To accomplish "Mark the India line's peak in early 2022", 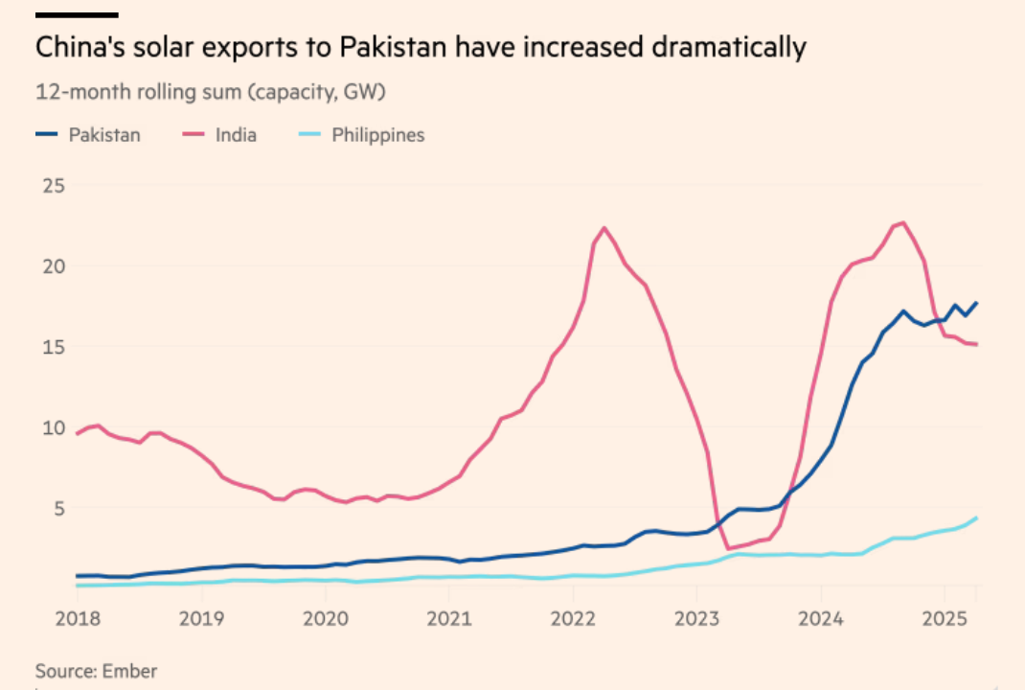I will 604,228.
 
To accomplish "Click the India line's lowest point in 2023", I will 728,549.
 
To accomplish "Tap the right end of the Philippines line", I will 976,518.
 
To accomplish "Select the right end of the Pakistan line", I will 976,303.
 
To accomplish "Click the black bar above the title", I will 77,15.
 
